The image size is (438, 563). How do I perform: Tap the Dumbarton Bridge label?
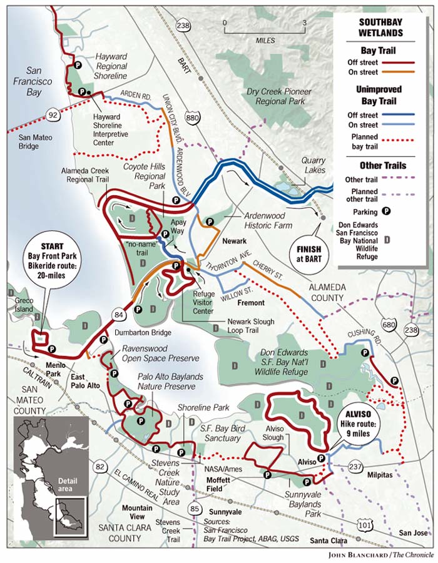tap(136, 333)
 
